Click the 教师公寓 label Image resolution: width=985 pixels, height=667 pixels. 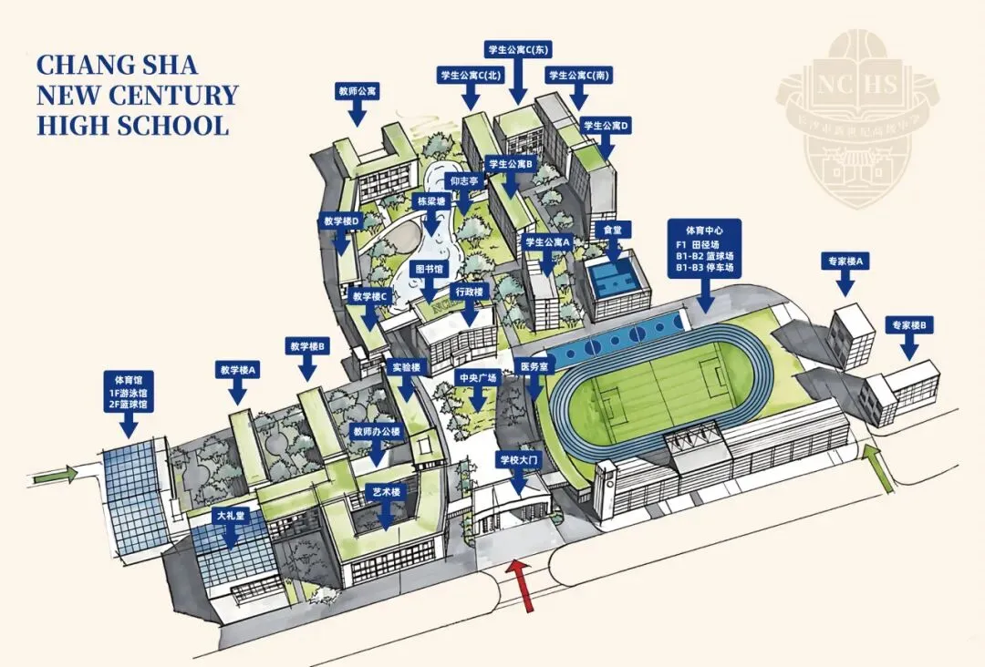pyautogui.click(x=358, y=92)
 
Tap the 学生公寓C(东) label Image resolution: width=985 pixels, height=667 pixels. pyautogui.click(x=517, y=49)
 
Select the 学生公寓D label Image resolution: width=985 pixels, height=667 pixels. pyautogui.click(x=607, y=126)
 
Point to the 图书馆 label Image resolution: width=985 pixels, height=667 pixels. pyautogui.click(x=430, y=270)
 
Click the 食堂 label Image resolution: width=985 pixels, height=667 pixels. pyautogui.click(x=612, y=230)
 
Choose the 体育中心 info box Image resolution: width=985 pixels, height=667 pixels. pyautogui.click(x=704, y=247)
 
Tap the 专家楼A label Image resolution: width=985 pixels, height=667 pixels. pyautogui.click(x=845, y=262)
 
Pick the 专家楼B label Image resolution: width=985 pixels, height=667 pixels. pyautogui.click(x=909, y=325)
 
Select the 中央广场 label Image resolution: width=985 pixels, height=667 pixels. pyautogui.click(x=476, y=377)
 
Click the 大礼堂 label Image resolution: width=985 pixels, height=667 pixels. pyautogui.click(x=232, y=516)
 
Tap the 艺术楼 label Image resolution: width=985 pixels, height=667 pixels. pyautogui.click(x=387, y=492)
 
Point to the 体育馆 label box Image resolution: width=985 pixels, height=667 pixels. pyautogui.click(x=130, y=391)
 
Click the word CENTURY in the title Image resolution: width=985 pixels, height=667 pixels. pyautogui.click(x=174, y=95)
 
